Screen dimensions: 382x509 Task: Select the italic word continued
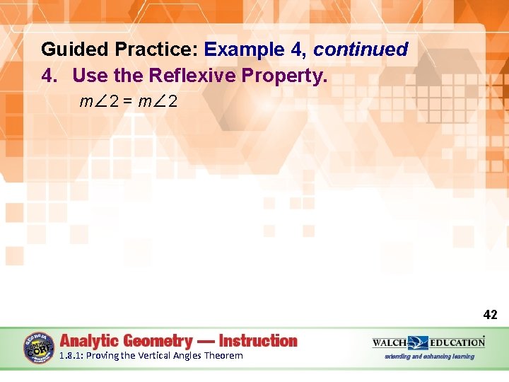coord(361,50)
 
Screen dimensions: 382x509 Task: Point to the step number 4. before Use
coord(52,75)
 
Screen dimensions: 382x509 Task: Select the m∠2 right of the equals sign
coord(159,102)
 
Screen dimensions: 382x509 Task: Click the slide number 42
coord(490,315)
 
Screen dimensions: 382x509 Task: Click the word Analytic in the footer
coord(89,340)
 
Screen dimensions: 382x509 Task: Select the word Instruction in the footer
coord(258,340)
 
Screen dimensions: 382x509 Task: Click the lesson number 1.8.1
coord(71,356)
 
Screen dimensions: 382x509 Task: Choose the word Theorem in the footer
coord(223,356)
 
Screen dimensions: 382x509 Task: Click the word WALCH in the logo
coord(390,342)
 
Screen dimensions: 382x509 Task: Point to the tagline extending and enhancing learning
coord(429,357)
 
